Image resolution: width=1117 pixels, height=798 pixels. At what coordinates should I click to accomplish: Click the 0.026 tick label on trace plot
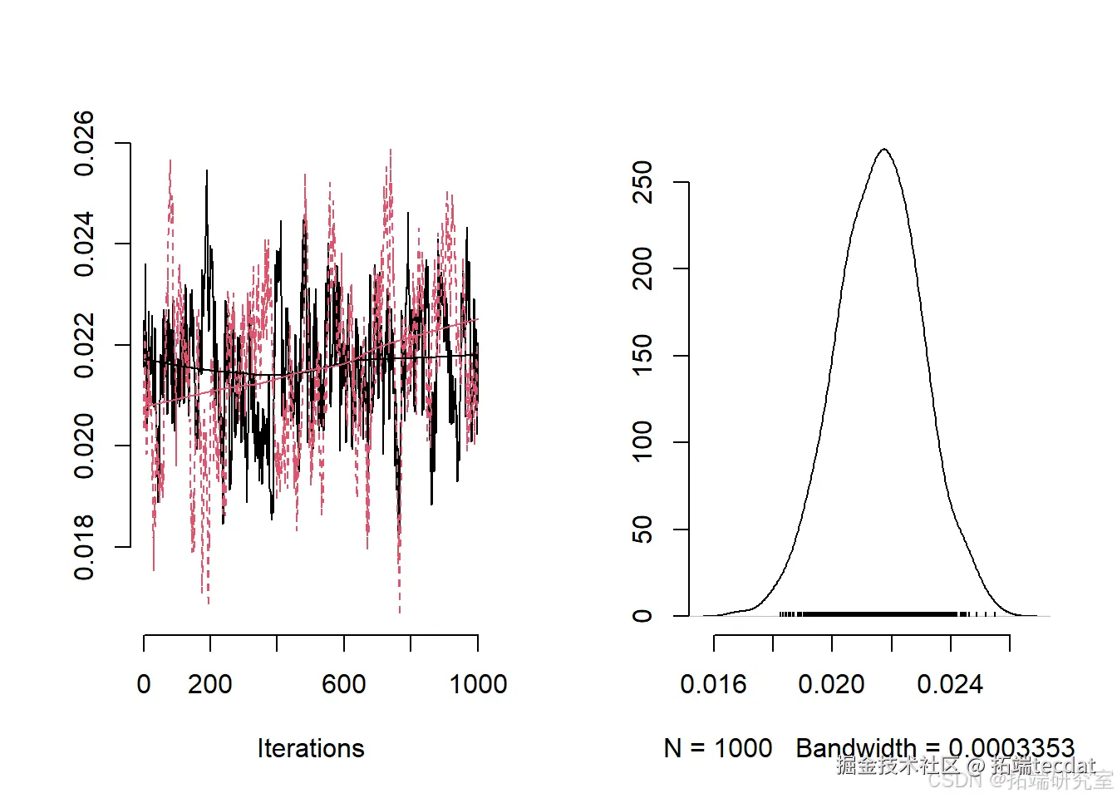[84, 143]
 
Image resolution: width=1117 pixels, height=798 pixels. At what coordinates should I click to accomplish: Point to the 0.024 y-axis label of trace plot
[84, 244]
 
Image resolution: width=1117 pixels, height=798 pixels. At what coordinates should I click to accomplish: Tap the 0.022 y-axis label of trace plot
[84, 345]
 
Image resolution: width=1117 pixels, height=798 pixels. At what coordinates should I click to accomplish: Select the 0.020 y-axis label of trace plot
[84, 446]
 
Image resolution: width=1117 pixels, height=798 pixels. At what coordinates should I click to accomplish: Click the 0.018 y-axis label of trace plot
[84, 547]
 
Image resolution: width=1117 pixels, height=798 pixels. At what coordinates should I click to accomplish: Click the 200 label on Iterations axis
[209, 684]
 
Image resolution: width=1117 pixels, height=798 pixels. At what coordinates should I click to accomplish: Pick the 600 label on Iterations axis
[343, 684]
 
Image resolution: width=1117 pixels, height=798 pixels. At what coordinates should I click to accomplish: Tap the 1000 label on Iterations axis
[478, 684]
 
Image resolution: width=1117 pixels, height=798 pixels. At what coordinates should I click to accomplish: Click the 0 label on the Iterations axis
[144, 684]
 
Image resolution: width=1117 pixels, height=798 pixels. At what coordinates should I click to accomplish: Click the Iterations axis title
[311, 748]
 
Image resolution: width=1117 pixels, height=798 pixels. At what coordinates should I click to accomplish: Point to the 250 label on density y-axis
[642, 182]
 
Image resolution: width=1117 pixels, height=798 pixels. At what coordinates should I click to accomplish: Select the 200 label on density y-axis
[642, 268]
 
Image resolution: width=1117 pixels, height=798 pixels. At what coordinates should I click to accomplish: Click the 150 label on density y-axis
[642, 356]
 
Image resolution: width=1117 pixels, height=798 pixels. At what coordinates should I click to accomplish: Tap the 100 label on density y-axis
[642, 442]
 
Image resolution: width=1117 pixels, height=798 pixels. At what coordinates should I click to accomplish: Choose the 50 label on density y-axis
[642, 530]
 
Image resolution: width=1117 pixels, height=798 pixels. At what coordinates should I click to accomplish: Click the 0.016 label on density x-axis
[713, 684]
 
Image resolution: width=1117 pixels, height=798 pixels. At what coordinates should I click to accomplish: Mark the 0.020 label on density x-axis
[831, 684]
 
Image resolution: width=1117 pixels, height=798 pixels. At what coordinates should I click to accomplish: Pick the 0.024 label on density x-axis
[950, 684]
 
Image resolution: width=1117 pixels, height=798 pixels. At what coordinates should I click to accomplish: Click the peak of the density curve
[884, 150]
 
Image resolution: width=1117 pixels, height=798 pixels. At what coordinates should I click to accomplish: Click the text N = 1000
[718, 748]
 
